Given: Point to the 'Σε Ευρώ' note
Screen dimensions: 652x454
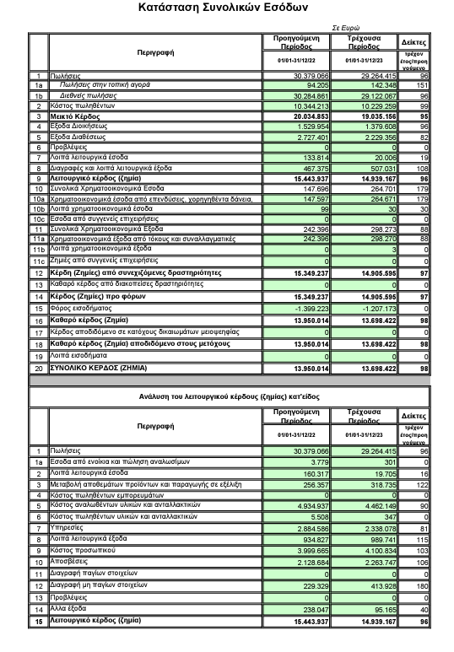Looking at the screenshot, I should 352,28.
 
